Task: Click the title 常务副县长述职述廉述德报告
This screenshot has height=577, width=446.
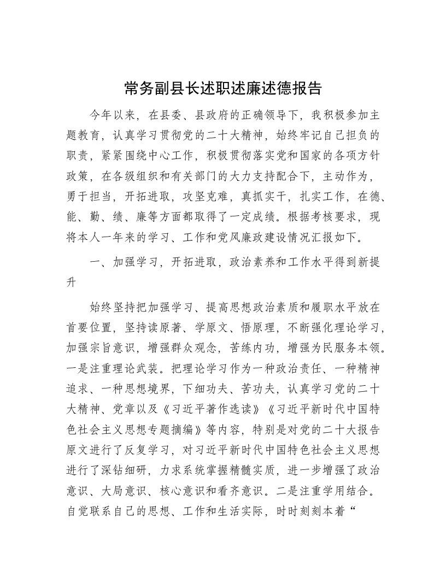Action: click(x=223, y=88)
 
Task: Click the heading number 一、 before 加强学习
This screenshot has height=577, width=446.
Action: click(x=99, y=262)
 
